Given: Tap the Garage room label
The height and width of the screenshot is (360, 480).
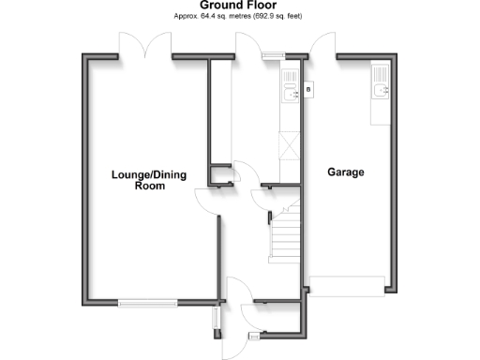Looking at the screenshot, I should pyautogui.click(x=346, y=172).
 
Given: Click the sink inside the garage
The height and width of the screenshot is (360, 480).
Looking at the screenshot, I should pyautogui.click(x=380, y=89).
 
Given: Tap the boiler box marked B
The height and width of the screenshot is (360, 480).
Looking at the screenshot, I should pyautogui.click(x=308, y=90).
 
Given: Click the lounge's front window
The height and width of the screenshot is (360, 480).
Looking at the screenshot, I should pyautogui.click(x=147, y=302).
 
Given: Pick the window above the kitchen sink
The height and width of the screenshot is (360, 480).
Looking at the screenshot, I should pyautogui.click(x=271, y=55).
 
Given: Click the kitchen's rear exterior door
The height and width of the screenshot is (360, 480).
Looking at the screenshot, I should pyautogui.click(x=248, y=45).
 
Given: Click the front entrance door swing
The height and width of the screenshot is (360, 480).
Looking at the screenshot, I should pyautogui.click(x=234, y=291).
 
